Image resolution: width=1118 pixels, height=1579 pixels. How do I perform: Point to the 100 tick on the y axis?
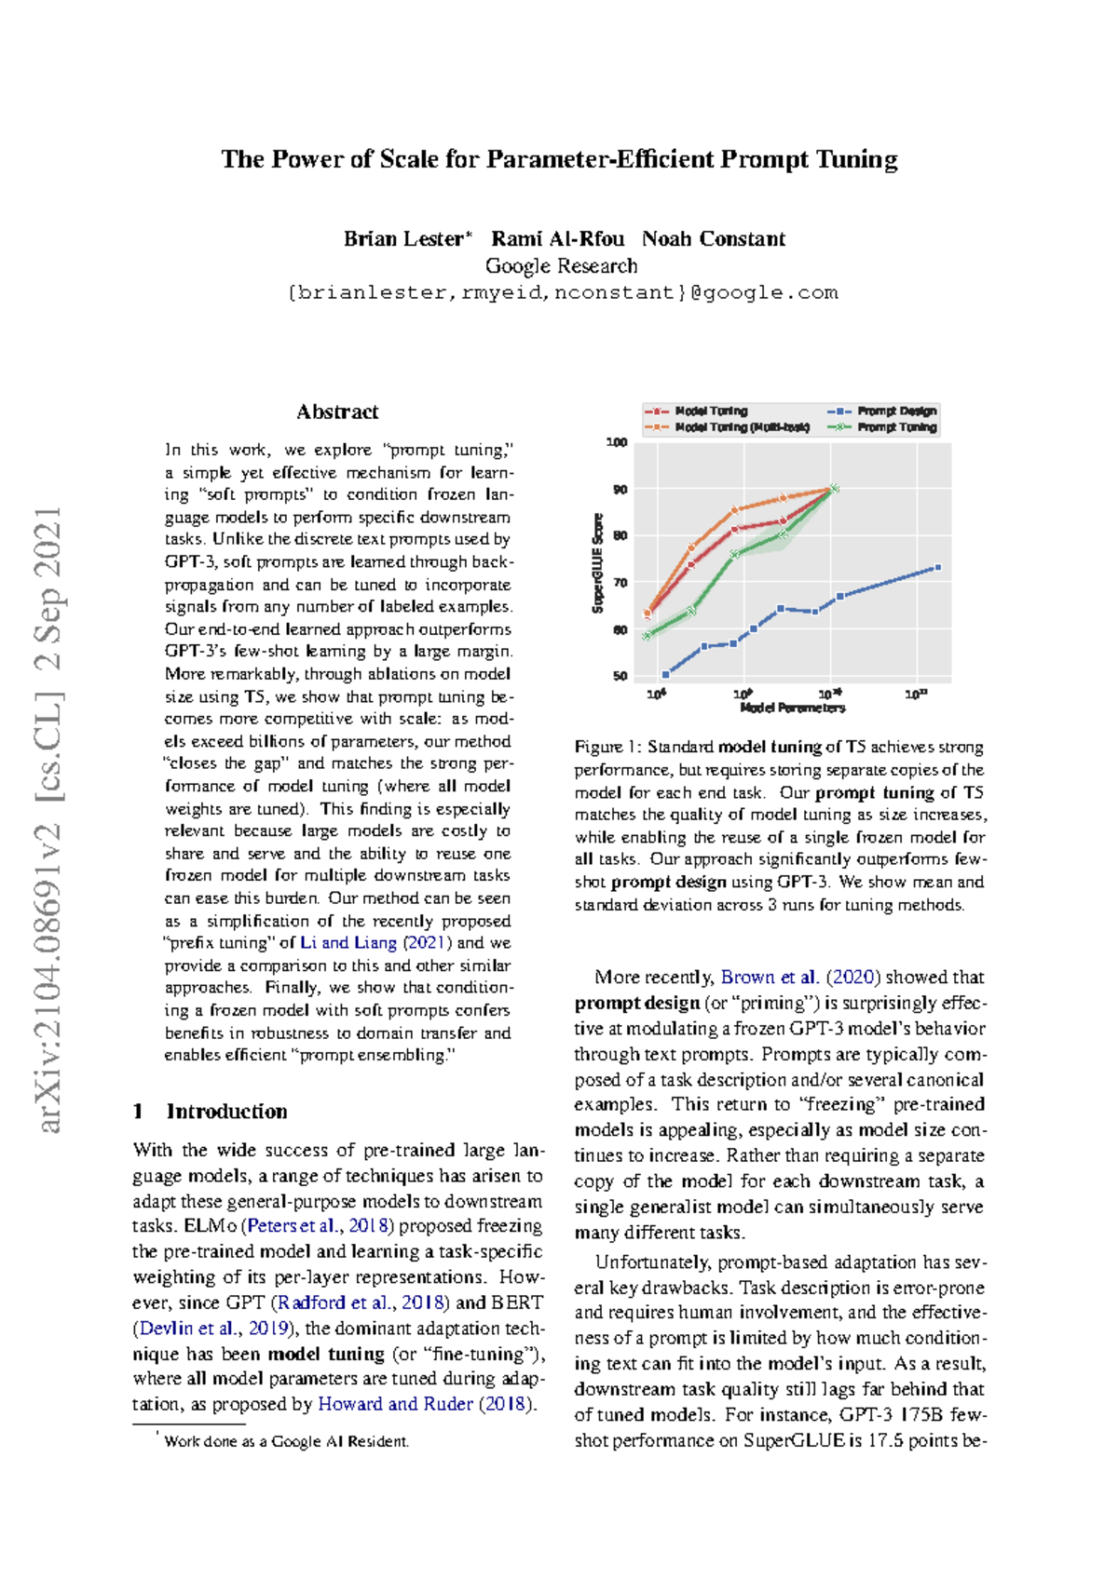618,442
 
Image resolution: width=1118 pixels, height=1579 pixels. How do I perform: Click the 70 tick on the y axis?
620,583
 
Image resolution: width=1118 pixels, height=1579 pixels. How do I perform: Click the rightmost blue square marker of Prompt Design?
937,567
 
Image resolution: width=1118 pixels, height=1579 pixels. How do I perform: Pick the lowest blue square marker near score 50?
665,674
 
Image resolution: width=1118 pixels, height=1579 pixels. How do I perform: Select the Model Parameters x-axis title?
792,708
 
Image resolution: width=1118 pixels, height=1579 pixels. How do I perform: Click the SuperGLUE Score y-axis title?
598,563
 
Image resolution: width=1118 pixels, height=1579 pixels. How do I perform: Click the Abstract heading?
337,412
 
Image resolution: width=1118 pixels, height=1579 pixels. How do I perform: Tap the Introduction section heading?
226,1111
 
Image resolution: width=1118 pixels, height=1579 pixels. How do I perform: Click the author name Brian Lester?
403,238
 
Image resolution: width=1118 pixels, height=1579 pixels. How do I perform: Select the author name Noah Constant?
713,238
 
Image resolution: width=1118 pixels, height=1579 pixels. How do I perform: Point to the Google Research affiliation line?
561,265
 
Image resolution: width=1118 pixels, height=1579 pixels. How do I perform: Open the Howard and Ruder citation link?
396,1404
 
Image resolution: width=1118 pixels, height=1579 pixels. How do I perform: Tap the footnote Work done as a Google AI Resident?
285,1441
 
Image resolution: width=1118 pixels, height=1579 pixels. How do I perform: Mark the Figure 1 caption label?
607,747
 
